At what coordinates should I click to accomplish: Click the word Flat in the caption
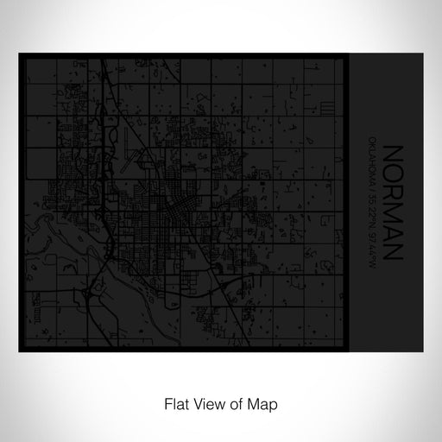[x=174, y=377]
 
